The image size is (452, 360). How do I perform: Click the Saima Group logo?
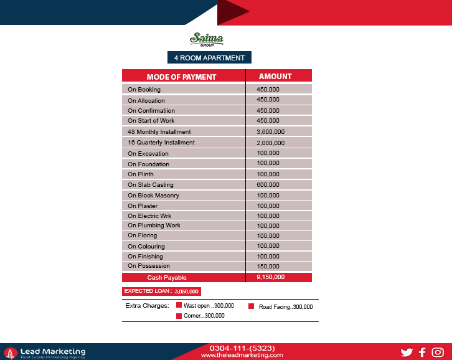pos(206,40)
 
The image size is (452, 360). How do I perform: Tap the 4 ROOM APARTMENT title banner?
pos(209,58)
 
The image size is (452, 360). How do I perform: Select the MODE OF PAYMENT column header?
pos(181,77)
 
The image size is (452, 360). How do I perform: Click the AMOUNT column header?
pos(275,76)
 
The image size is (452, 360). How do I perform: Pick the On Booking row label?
pos(144,90)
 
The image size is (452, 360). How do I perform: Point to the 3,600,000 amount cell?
pos(270,132)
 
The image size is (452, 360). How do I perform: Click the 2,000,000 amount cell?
pos(270,143)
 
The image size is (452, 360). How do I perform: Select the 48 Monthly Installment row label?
pos(159,132)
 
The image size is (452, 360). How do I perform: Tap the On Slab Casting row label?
pos(151,185)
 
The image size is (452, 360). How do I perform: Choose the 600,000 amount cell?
pos(268,185)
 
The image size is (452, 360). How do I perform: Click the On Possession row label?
pos(149,266)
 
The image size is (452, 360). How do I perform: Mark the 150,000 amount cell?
pos(268,266)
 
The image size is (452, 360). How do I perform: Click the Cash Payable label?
pos(167,278)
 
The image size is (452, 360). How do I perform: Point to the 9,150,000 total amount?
pos(270,277)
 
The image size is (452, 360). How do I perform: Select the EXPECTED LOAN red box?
pos(161,291)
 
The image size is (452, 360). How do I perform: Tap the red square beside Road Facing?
pos(252,306)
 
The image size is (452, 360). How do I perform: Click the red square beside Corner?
pos(179,316)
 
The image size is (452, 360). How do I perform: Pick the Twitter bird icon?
pos(407,353)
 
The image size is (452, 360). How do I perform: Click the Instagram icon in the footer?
pos(438,353)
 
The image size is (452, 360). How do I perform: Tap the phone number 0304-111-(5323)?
pos(242,348)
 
